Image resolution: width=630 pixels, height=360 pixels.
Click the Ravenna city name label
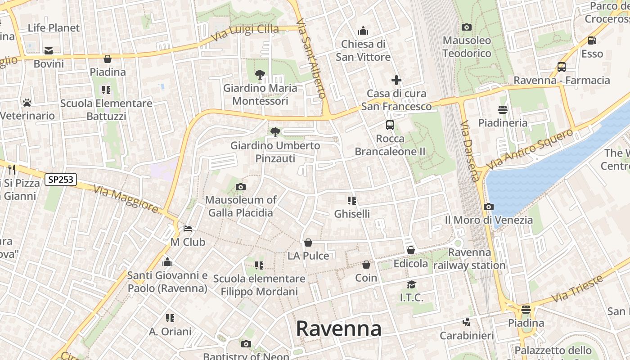(338, 328)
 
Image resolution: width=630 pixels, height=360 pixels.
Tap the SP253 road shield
(61, 180)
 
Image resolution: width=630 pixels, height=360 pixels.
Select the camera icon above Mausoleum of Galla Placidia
(241, 187)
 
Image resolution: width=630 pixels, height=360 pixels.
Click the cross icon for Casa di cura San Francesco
(396, 80)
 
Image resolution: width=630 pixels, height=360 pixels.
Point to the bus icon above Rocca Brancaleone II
(390, 125)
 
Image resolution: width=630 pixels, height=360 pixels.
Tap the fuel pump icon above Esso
(592, 40)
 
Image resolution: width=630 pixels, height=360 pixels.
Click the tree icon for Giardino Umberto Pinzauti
(275, 132)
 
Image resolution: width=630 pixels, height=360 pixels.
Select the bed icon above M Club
(188, 229)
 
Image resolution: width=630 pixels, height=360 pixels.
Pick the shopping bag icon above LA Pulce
(308, 243)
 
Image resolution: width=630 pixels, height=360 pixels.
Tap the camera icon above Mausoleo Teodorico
(467, 27)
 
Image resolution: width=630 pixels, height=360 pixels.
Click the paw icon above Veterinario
(27, 103)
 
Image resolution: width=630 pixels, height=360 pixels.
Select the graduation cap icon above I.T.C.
(411, 284)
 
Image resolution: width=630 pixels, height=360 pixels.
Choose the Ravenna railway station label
(469, 259)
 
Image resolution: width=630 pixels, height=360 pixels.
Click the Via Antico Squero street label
(530, 148)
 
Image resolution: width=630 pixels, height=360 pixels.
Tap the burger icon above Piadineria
(503, 109)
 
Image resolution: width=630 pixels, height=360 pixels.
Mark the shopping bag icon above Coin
(366, 265)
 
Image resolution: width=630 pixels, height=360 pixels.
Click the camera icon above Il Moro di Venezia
(488, 207)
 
